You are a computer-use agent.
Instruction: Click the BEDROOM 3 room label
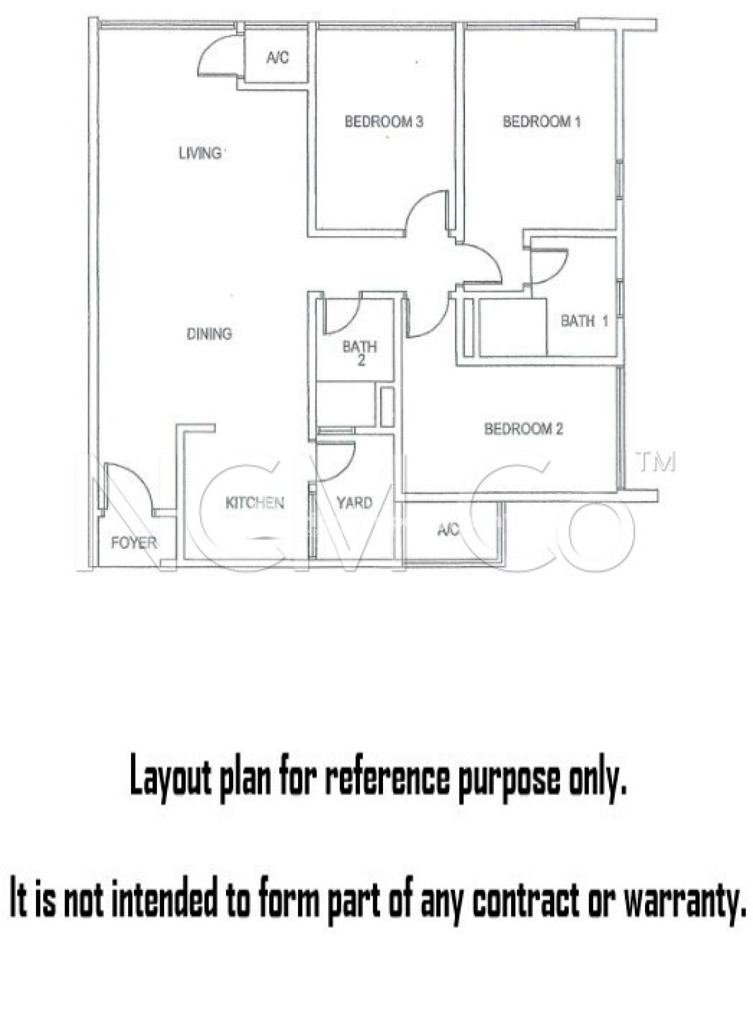pos(384,121)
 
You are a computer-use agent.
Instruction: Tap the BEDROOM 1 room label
pos(542,121)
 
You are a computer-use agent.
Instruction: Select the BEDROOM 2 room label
pos(523,428)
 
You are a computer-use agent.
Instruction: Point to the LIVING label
pos(200,153)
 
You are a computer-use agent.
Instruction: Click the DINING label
pos(209,333)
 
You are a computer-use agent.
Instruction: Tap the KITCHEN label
pos(254,502)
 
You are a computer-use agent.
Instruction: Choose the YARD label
pos(354,502)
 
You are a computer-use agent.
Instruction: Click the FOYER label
pos(134,542)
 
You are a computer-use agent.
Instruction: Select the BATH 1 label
pos(584,320)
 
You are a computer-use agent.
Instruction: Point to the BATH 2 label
pos(360,352)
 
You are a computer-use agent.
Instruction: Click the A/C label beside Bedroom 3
pos(277,57)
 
